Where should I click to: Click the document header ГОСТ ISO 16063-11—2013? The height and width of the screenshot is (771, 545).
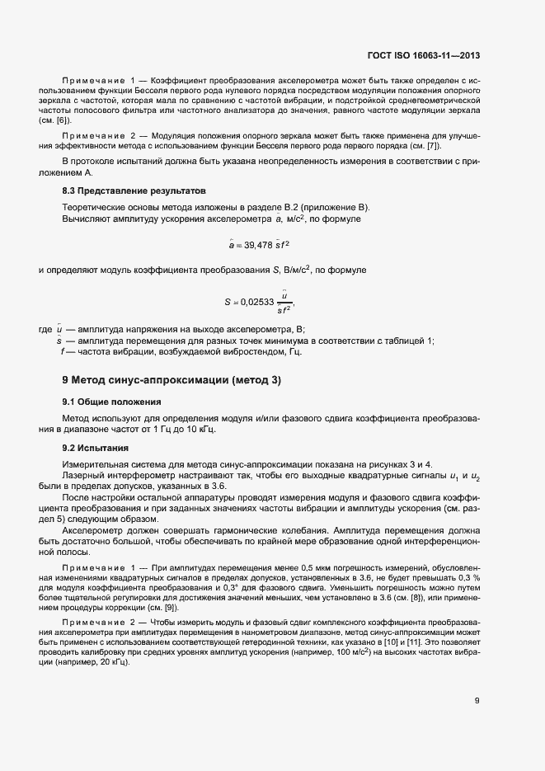(423, 56)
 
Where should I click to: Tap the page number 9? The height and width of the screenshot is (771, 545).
(477, 702)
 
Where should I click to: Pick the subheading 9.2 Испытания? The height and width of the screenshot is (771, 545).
(95, 448)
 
